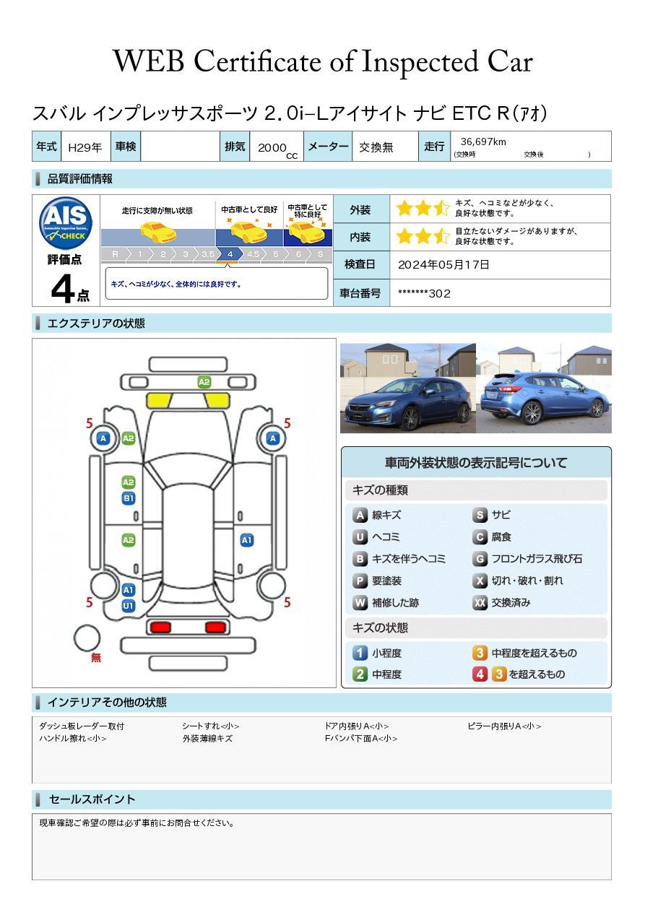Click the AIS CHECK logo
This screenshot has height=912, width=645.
pyautogui.click(x=66, y=222)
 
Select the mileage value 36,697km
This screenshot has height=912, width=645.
pyautogui.click(x=483, y=142)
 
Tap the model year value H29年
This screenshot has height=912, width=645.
pyautogui.click(x=85, y=147)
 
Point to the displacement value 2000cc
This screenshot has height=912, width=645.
pyautogui.click(x=277, y=149)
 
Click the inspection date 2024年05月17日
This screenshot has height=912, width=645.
pyautogui.click(x=443, y=264)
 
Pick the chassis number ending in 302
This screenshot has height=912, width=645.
pyautogui.click(x=424, y=293)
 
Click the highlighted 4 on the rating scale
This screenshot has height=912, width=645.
pyautogui.click(x=230, y=254)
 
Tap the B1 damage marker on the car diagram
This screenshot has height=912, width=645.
pyautogui.click(x=129, y=498)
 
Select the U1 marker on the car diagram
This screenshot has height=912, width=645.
pyautogui.click(x=129, y=605)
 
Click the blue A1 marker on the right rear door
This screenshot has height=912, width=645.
pyautogui.click(x=247, y=540)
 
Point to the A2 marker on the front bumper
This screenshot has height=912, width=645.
pyautogui.click(x=204, y=382)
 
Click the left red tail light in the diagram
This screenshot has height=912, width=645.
pyautogui.click(x=160, y=627)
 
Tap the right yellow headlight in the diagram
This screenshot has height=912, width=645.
pyautogui.click(x=217, y=401)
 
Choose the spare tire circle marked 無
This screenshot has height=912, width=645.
pyautogui.click(x=87, y=638)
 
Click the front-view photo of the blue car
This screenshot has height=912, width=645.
pyautogui.click(x=407, y=388)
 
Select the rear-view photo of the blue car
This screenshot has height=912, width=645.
pyautogui.click(x=544, y=388)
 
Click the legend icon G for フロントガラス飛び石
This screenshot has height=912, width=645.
pyautogui.click(x=480, y=559)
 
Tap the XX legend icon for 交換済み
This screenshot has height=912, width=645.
pyautogui.click(x=480, y=603)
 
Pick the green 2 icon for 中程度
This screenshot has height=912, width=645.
pyautogui.click(x=360, y=674)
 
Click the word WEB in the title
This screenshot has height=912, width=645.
pyautogui.click(x=149, y=61)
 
